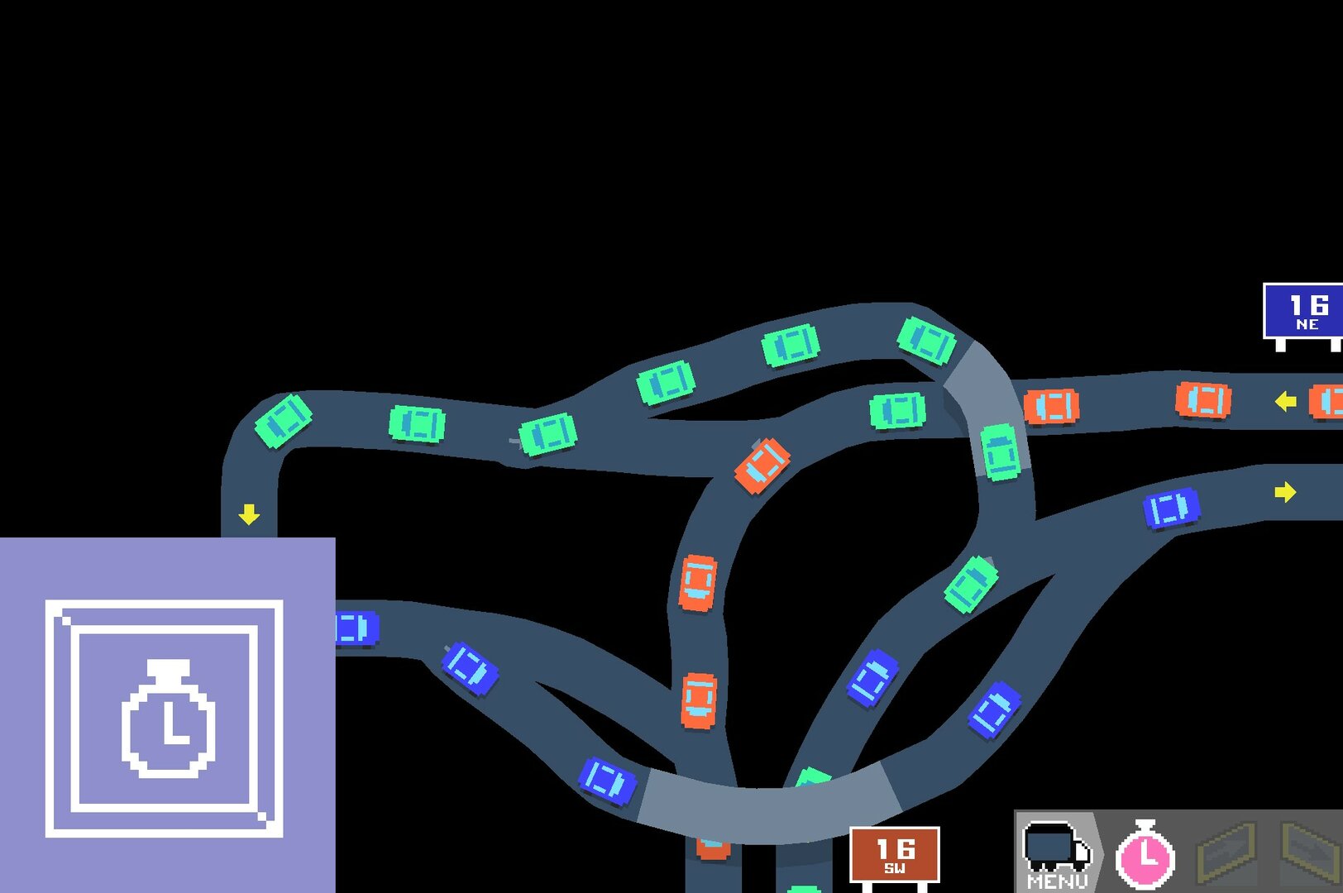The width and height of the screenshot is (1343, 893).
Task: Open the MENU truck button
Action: click(1057, 852)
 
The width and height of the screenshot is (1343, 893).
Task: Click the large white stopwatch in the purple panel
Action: click(169, 718)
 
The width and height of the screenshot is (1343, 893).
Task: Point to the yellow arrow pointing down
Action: click(249, 514)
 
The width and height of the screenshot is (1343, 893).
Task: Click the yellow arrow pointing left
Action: click(1285, 401)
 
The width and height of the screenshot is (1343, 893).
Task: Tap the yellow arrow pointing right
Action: click(1285, 493)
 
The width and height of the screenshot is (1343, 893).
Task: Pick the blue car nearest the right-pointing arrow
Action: click(1171, 509)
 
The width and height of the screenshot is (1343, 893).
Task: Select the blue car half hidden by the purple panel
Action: click(357, 628)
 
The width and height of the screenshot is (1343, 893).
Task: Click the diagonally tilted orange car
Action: click(762, 466)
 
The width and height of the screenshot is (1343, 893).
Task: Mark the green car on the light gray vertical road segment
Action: click(1000, 452)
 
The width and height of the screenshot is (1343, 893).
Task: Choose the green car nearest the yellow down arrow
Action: click(283, 421)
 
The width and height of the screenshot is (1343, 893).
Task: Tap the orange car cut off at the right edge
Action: click(1326, 402)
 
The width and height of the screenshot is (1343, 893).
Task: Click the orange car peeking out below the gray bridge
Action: click(713, 848)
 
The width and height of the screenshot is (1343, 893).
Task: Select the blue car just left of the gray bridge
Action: click(607, 781)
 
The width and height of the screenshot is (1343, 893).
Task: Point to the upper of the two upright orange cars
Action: click(697, 583)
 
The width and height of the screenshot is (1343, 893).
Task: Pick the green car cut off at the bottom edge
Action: click(804, 889)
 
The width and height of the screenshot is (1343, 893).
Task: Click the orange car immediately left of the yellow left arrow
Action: click(1203, 399)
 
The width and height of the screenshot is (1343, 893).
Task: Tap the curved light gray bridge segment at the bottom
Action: click(768, 806)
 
